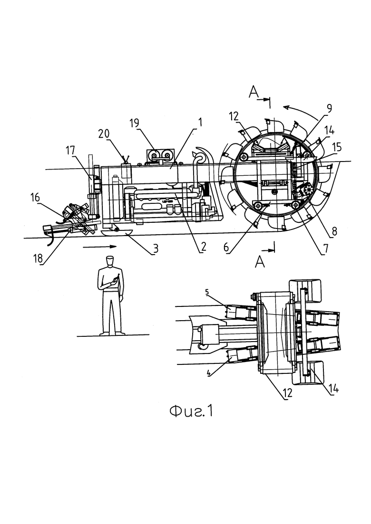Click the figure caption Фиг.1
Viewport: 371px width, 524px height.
(x=191, y=411)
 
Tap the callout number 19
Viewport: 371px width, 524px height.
(x=134, y=124)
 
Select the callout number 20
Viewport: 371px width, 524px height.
(x=104, y=133)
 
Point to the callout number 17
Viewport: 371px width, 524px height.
(x=70, y=151)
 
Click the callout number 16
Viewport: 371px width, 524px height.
(x=35, y=198)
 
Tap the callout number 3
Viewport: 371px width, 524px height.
(x=155, y=248)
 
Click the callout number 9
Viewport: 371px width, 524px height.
(x=329, y=108)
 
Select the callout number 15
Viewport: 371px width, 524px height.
(x=337, y=147)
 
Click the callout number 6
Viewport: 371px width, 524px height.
(x=226, y=248)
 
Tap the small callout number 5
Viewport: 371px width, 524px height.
(x=207, y=292)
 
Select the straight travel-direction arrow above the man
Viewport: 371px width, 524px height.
(x=100, y=247)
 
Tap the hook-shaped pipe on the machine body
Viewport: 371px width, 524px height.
(x=200, y=156)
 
